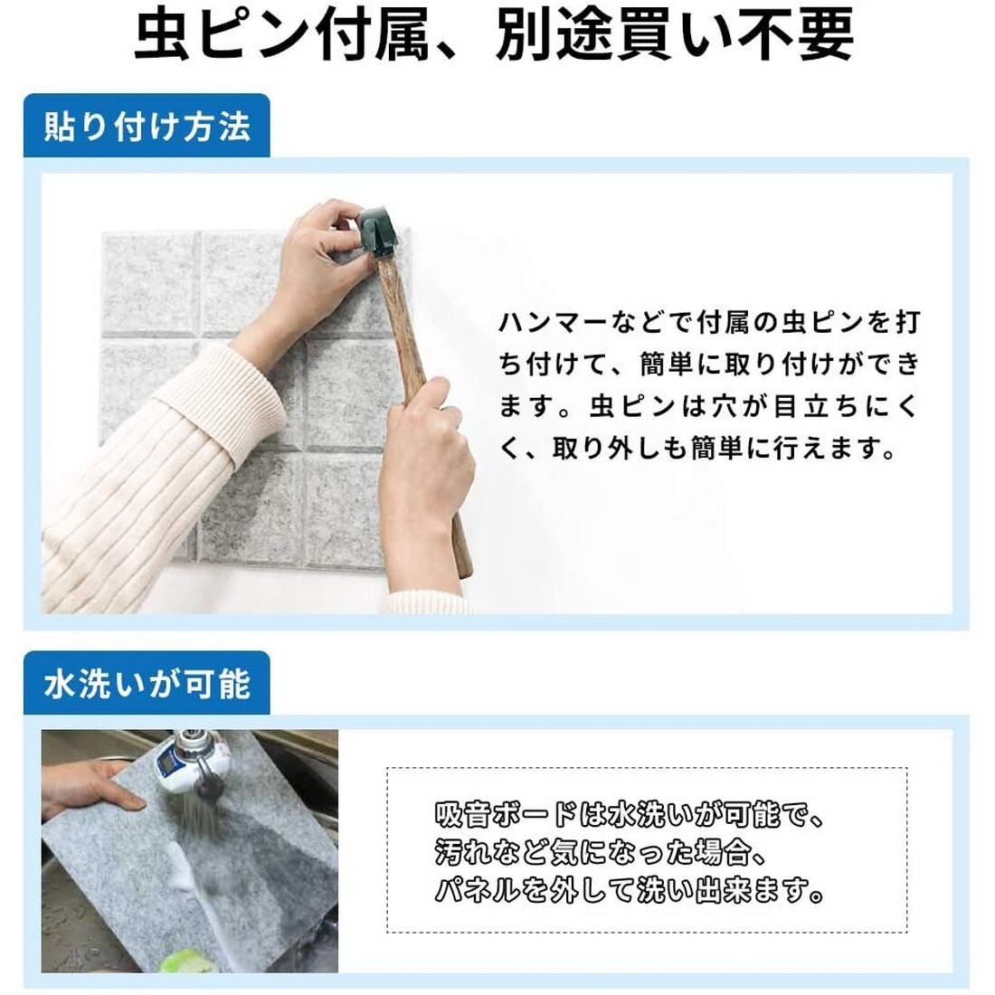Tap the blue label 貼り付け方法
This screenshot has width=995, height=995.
(x=147, y=126)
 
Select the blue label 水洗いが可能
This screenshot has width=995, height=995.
(x=147, y=683)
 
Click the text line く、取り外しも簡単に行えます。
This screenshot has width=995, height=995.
(x=697, y=448)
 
